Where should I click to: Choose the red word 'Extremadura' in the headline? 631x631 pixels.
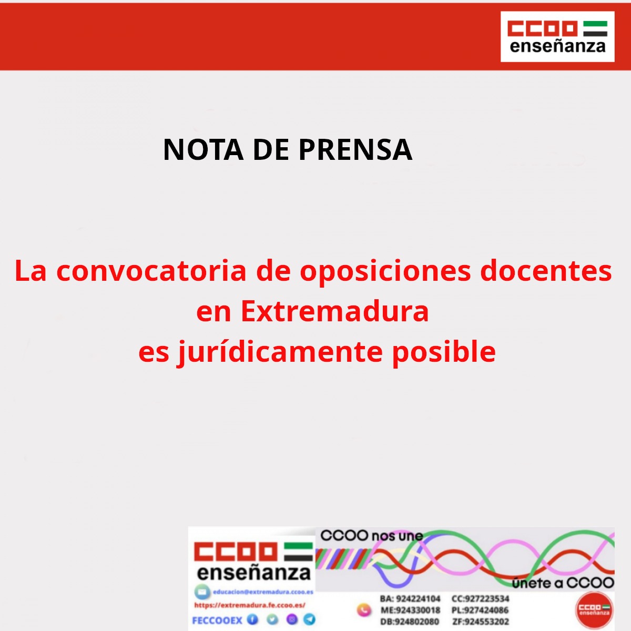[x=334, y=311]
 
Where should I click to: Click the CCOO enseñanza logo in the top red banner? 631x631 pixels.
[x=557, y=37]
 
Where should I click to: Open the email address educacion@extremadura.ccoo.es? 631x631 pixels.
[x=263, y=592]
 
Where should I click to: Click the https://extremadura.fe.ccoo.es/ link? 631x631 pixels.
[x=250, y=605]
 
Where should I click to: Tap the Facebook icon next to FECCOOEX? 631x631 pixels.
[x=253, y=619]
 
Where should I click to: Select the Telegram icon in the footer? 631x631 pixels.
[x=310, y=619]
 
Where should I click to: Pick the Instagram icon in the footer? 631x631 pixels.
[x=291, y=619]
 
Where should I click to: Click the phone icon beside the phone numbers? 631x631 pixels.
[x=364, y=610]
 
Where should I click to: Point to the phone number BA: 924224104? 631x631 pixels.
[x=410, y=598]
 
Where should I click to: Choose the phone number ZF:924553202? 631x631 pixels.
[x=481, y=622]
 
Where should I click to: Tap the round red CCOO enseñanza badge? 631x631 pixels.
[x=594, y=610]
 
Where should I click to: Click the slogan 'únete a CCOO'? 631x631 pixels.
[x=563, y=583]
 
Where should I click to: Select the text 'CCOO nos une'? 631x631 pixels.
[x=372, y=536]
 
